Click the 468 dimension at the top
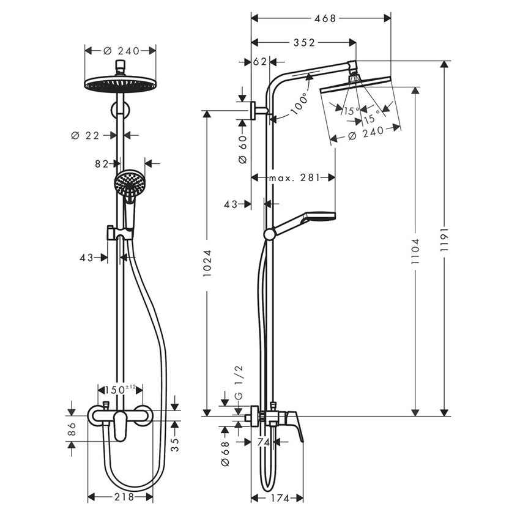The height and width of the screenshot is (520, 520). [x=324, y=18]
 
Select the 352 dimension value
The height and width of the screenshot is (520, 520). [x=303, y=42]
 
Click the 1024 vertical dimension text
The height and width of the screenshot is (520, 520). [x=207, y=263]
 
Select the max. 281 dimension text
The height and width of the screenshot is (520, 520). [x=294, y=178]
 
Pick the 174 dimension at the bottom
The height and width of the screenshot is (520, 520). [x=278, y=497]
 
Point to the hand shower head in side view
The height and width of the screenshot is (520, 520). [x=319, y=218]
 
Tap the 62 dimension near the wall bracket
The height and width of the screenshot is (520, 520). [x=260, y=61]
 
